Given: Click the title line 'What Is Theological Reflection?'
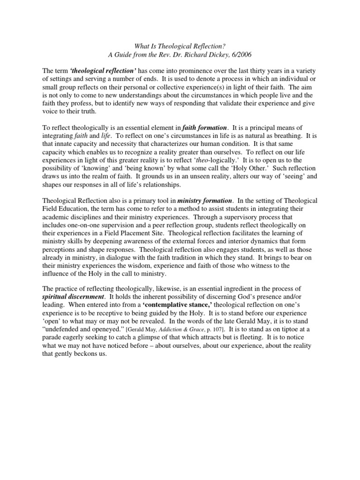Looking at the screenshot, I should coord(180,46).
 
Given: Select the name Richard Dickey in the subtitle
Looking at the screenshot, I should coord(211,55).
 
